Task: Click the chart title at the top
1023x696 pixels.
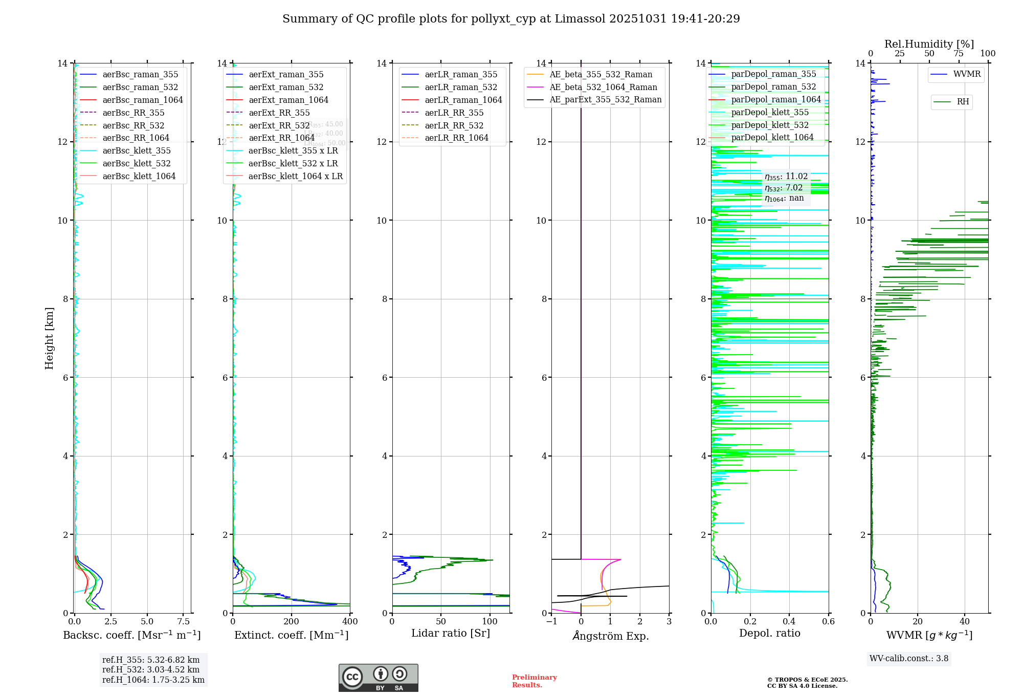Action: click(511, 19)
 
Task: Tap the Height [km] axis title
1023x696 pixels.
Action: click(49, 338)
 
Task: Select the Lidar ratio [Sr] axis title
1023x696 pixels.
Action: click(450, 633)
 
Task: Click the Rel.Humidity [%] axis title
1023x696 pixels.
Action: click(929, 44)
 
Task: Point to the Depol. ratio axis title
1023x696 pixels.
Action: click(769, 633)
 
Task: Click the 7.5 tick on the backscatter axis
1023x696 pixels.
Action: click(184, 622)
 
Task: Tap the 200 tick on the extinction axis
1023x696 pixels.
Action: click(292, 622)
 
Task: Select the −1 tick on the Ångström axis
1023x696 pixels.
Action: click(551, 622)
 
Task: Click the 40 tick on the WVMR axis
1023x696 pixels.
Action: click(965, 622)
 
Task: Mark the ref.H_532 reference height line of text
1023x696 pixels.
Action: click(151, 669)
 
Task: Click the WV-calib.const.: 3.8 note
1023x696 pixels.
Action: click(909, 659)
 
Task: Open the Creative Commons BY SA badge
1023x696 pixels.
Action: click(378, 678)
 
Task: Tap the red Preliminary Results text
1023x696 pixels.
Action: click(534, 681)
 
